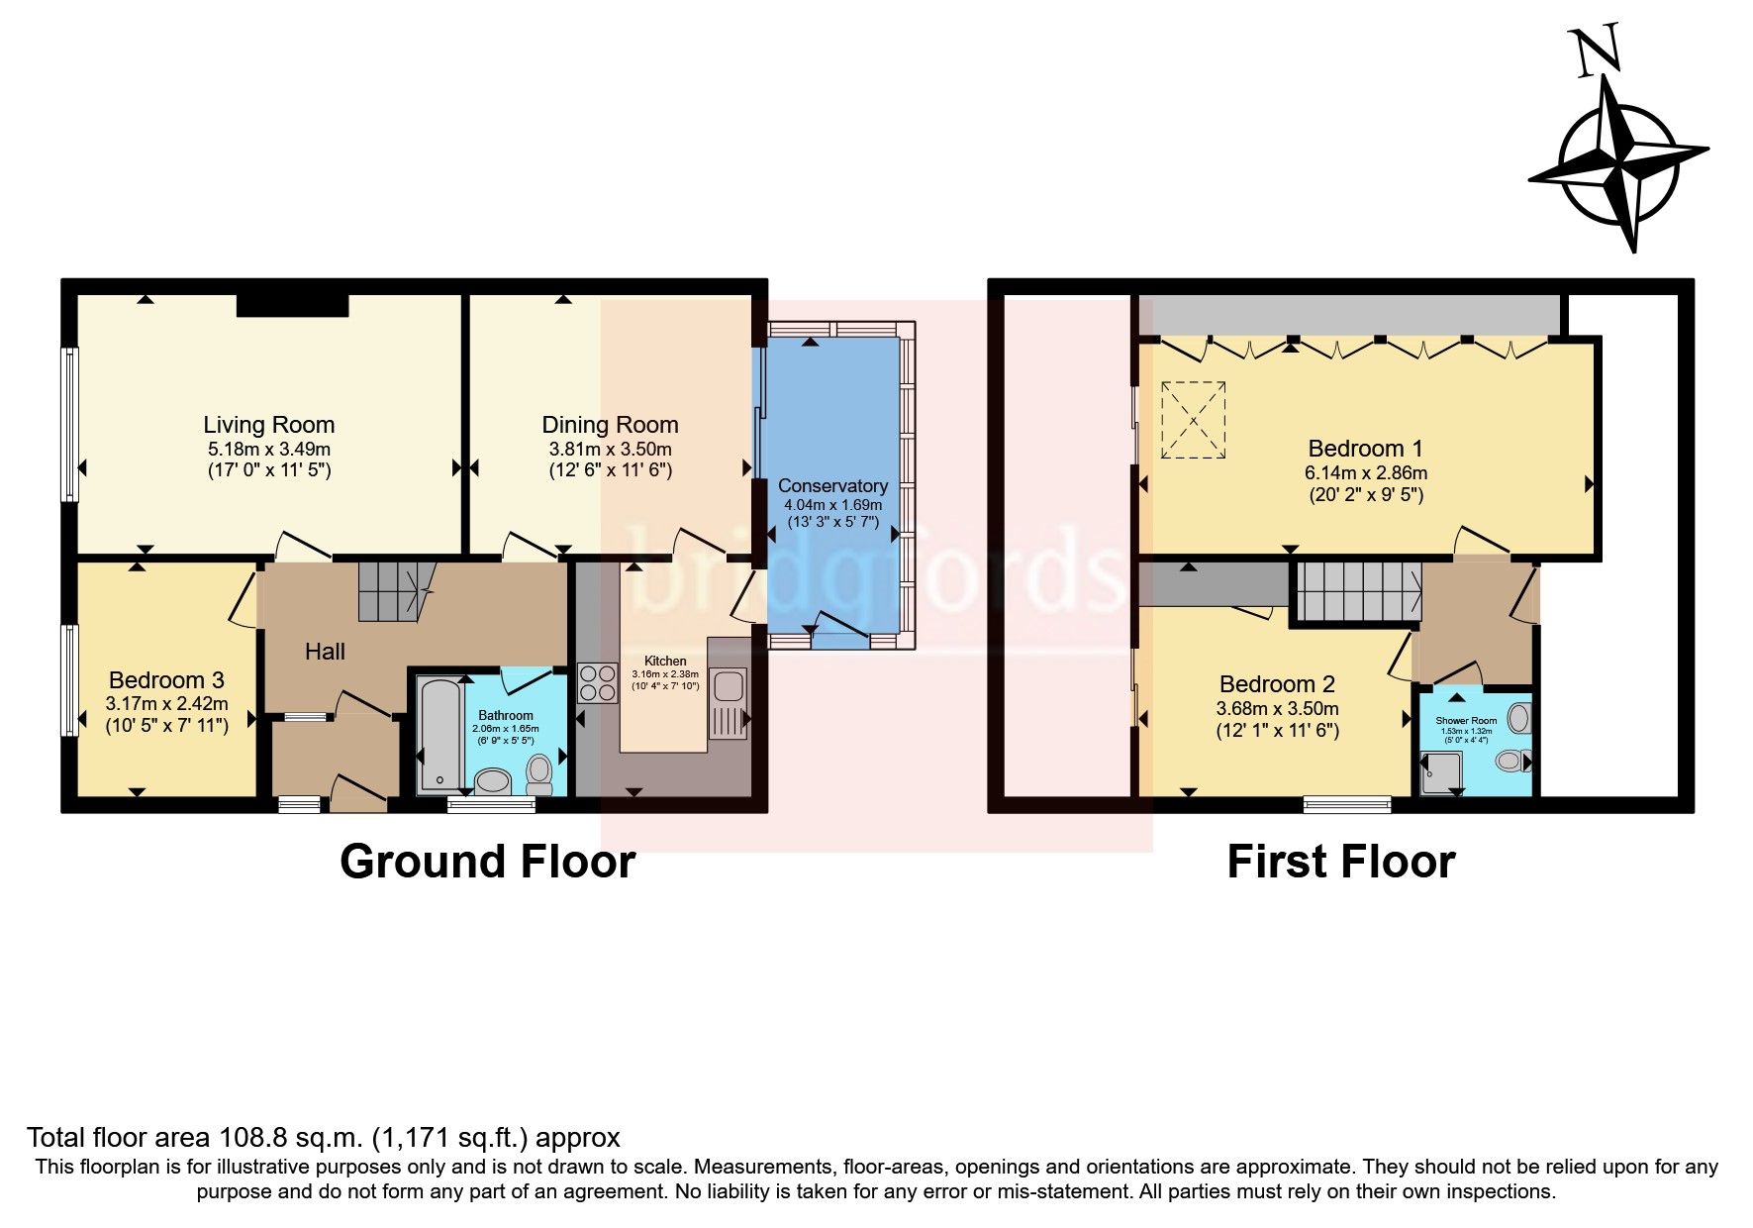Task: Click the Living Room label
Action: [268, 425]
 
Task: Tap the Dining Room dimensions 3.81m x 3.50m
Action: [610, 449]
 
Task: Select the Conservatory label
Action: [832, 485]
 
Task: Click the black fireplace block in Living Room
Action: [292, 305]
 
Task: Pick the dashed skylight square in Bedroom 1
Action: [1193, 420]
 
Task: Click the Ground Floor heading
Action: [487, 862]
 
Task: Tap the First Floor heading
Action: [1340, 862]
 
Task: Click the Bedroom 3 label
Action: [166, 680]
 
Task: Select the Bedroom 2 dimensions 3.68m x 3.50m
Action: [1277, 708]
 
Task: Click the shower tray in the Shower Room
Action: [1440, 773]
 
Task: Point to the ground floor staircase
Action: [394, 591]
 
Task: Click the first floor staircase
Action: [1357, 591]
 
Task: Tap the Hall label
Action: [325, 652]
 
